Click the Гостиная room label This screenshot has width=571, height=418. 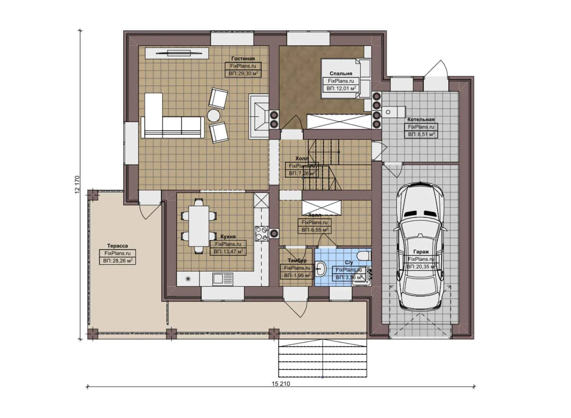(243, 58)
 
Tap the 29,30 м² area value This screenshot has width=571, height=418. (243, 73)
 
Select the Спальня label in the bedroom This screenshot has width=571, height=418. (341, 73)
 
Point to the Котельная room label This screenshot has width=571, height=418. (421, 119)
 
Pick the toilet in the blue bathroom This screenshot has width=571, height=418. (363, 256)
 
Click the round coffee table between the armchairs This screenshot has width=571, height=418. (214, 115)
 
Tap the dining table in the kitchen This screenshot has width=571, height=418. (198, 226)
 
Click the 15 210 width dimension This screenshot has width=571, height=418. (281, 384)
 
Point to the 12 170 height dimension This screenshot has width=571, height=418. (77, 185)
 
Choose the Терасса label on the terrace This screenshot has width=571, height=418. (117, 246)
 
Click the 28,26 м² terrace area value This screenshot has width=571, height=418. (117, 261)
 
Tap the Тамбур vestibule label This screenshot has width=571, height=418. (297, 260)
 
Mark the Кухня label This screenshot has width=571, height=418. (228, 236)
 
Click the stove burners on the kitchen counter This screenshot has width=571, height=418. (261, 233)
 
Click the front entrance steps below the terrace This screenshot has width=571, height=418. (323, 358)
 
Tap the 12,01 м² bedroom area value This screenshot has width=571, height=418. (341, 89)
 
